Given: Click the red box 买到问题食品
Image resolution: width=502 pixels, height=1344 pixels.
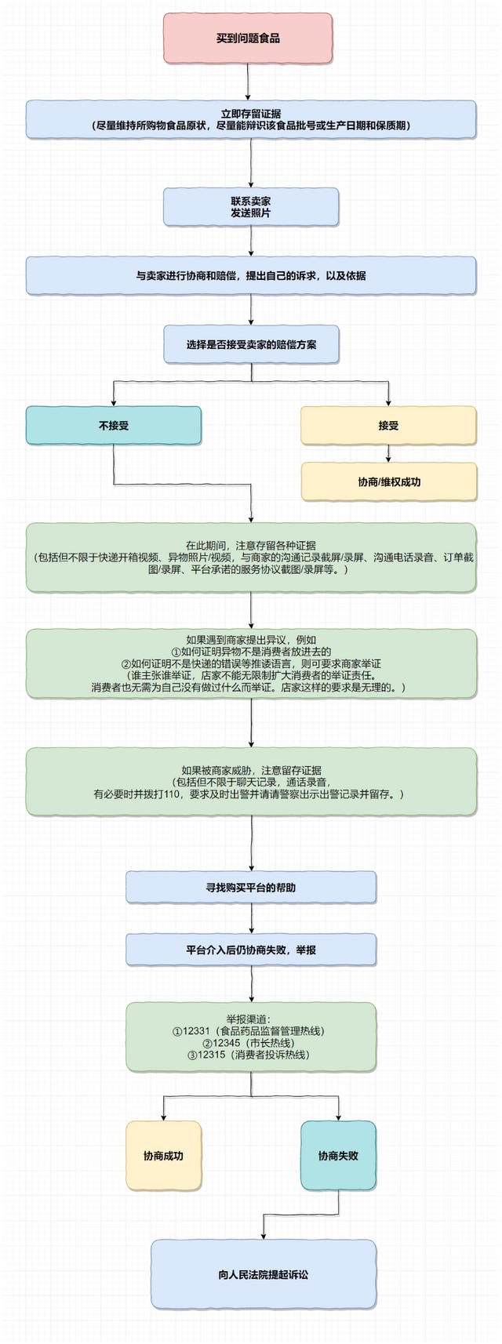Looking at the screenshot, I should click(248, 38).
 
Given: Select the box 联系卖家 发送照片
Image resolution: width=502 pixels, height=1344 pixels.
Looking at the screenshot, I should click(251, 207).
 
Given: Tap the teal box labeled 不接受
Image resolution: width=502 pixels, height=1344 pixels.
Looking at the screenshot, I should click(114, 426).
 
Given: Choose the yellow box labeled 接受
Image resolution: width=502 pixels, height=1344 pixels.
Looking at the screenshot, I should click(388, 426).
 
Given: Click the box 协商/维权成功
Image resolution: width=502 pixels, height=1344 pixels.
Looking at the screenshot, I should click(389, 481).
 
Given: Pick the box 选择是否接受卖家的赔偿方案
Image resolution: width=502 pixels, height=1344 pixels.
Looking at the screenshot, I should click(251, 344).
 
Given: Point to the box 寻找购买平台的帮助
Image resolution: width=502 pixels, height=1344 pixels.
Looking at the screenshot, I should click(251, 888).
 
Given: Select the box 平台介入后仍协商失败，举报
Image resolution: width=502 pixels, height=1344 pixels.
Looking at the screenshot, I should click(251, 950).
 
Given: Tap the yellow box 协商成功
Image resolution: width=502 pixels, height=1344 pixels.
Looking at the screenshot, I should click(163, 1156).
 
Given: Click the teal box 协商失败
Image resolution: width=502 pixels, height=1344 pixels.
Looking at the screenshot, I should click(338, 1156).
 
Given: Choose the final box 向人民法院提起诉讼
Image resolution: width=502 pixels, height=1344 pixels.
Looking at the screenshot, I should click(264, 1274).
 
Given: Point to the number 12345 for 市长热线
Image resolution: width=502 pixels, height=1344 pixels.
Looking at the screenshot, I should click(226, 1043).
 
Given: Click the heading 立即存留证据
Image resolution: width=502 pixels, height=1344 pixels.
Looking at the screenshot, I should click(251, 114).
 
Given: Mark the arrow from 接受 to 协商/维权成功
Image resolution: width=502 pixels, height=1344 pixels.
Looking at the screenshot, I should click(388, 454).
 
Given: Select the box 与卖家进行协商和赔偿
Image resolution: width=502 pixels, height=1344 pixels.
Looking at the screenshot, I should click(251, 276).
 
